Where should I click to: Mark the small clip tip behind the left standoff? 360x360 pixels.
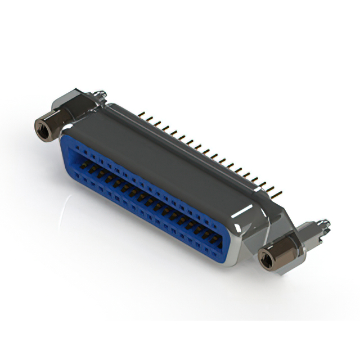[x=101, y=92]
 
